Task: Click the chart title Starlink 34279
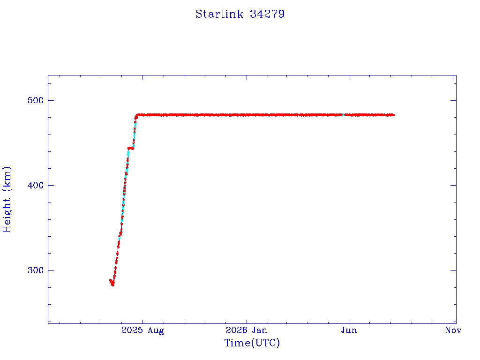click(x=240, y=14)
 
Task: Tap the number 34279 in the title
click(x=267, y=14)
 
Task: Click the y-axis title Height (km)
click(x=7, y=200)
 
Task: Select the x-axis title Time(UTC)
click(x=252, y=343)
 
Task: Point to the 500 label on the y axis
click(x=36, y=100)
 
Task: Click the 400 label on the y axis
click(x=36, y=186)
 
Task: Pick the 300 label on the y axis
click(x=36, y=270)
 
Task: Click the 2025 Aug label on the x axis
click(x=142, y=330)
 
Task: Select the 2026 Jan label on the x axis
click(x=247, y=330)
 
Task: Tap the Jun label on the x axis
click(x=349, y=330)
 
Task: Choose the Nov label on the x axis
click(x=453, y=330)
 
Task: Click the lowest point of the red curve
click(x=112, y=285)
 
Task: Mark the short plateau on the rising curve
click(x=131, y=149)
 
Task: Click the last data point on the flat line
click(x=394, y=115)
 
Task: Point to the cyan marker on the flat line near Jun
click(x=343, y=115)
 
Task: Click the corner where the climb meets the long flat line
click(x=136, y=115)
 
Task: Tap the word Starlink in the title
click(x=219, y=14)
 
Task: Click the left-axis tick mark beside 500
click(x=51, y=100)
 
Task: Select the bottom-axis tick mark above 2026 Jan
click(x=247, y=321)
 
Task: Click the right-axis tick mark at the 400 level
click(x=453, y=186)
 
